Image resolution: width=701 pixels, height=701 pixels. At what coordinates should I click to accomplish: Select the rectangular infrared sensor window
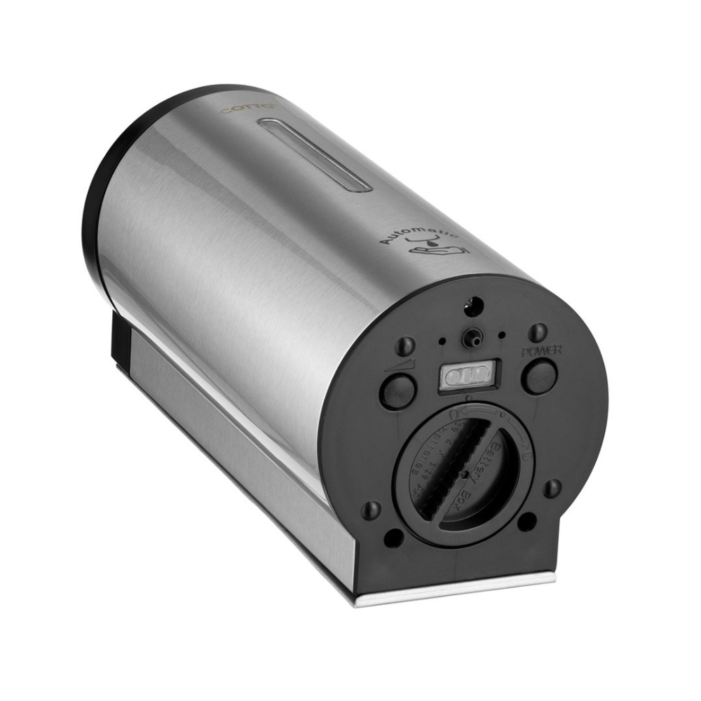coord(467,378)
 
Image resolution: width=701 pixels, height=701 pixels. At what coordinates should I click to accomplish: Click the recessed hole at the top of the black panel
coord(475,304)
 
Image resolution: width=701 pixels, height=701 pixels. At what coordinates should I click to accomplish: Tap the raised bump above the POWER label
coord(538,331)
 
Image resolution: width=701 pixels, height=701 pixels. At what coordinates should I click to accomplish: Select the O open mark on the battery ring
coord(456,414)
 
